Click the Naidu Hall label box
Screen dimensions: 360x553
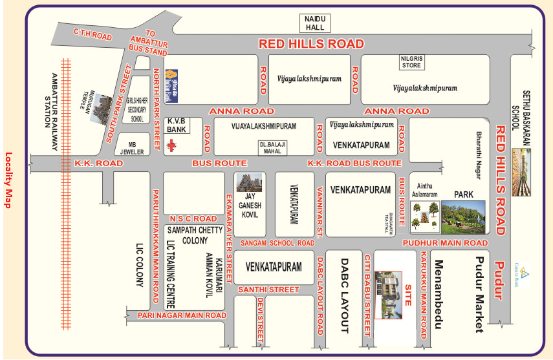[x=316, y=23]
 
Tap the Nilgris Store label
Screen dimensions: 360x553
[x=411, y=61]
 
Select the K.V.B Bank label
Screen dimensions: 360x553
[x=177, y=125]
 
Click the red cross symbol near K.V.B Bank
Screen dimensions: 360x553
[x=171, y=145]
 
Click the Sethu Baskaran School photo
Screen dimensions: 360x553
[x=521, y=172]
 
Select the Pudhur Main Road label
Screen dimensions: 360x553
[x=444, y=242]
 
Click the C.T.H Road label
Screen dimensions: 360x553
[x=93, y=35]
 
